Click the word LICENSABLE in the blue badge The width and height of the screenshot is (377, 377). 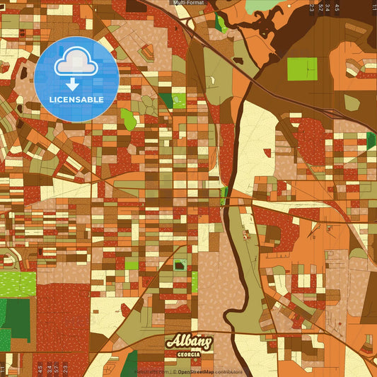[76, 100]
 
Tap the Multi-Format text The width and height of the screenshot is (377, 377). [188, 3]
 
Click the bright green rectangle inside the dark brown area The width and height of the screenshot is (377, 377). [302, 68]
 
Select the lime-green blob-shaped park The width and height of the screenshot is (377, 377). [128, 118]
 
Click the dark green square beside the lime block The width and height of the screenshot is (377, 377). [166, 100]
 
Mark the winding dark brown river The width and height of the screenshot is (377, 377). [233, 233]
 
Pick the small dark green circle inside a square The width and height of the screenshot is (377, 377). [180, 265]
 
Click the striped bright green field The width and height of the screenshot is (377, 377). [17, 283]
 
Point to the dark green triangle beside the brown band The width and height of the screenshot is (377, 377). [371, 140]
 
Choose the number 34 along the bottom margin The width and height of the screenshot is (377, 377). [47, 368]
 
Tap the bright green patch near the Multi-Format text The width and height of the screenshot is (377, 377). [221, 23]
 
